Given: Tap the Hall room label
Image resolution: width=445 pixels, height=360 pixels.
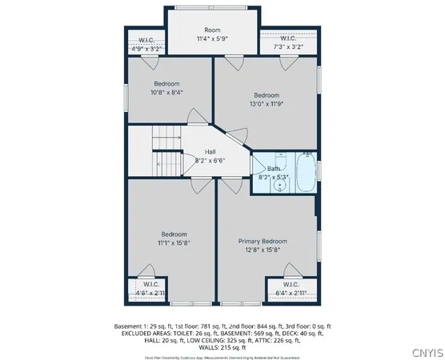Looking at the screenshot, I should click(x=210, y=151).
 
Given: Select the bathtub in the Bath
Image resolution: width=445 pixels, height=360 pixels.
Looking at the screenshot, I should click(x=305, y=173).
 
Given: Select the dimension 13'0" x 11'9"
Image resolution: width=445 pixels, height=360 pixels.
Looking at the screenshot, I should click(x=267, y=103).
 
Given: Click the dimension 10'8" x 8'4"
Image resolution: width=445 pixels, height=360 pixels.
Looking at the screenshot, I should click(x=166, y=92).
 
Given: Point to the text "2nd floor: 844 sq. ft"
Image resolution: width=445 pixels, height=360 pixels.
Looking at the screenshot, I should click(x=259, y=326).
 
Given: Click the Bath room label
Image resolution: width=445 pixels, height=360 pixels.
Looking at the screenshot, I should click(x=274, y=169).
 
